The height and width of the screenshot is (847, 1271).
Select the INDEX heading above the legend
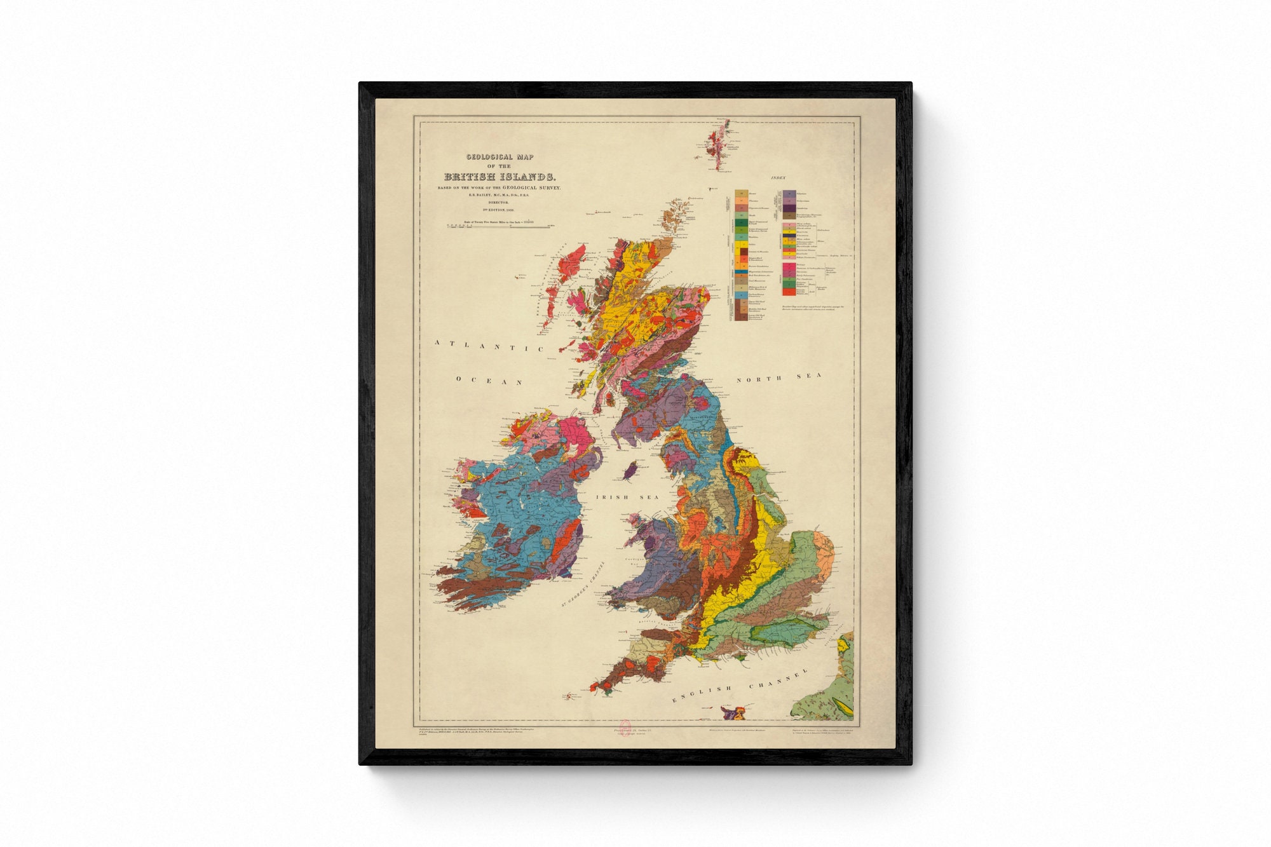click(778, 179)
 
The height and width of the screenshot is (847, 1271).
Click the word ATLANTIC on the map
click(489, 346)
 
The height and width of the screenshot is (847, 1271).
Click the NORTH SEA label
click(778, 377)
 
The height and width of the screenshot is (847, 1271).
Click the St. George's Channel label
click(582, 585)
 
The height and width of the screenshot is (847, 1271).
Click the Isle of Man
click(632, 471)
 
